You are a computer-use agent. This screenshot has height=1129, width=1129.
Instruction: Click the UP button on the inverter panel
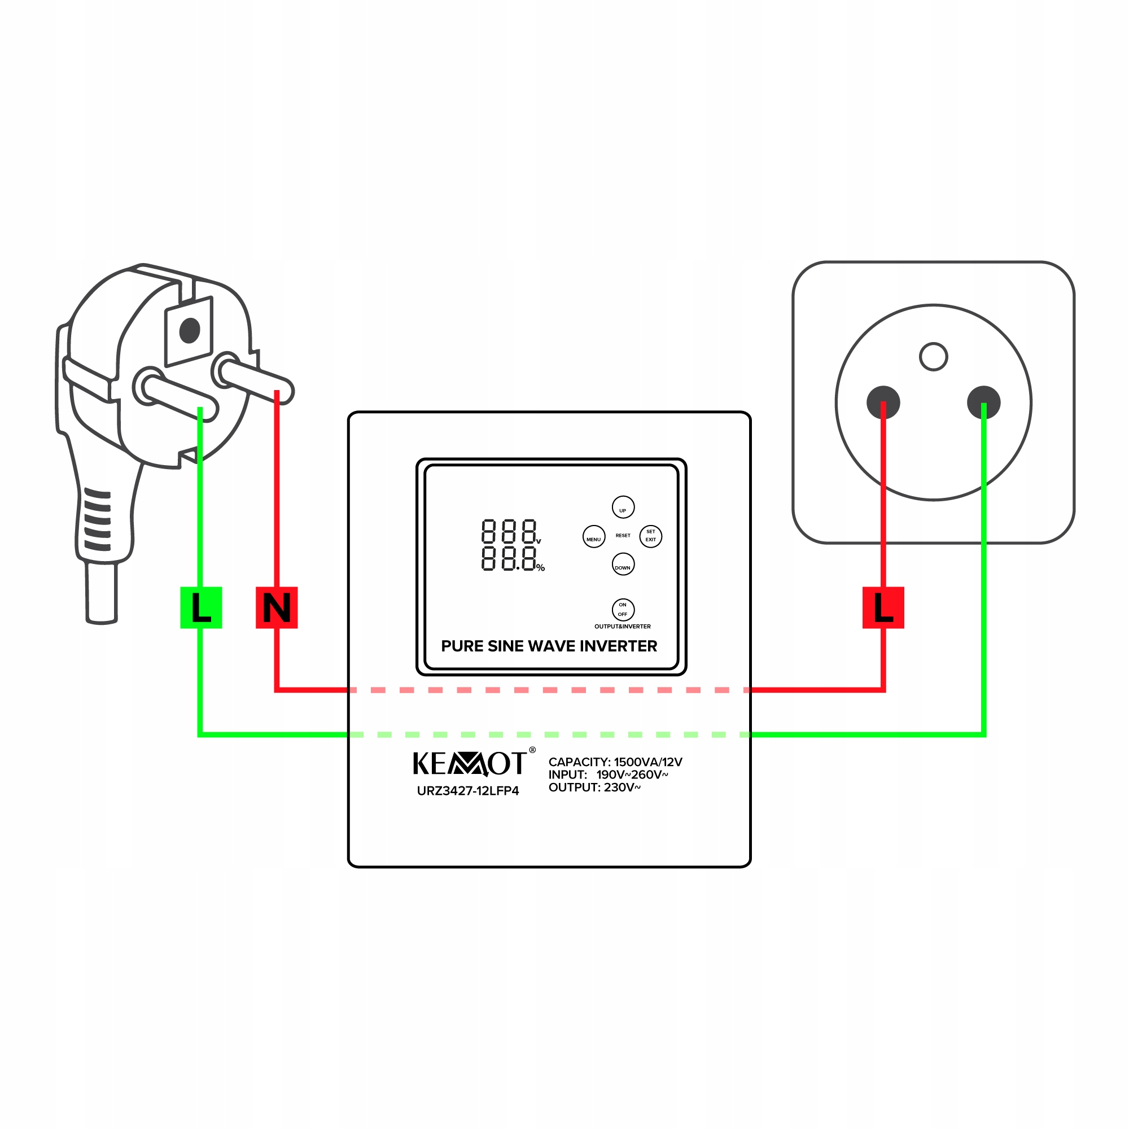[x=623, y=507]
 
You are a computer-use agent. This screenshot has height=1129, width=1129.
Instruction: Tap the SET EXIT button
[x=650, y=536]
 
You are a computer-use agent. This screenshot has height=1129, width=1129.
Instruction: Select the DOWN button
[x=623, y=564]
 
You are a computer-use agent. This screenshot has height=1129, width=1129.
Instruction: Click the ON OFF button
[x=623, y=610]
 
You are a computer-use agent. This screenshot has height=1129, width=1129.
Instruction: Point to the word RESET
[x=623, y=535]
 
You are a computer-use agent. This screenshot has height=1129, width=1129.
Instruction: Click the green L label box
[x=201, y=608]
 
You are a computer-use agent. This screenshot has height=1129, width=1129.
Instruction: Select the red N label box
[x=277, y=608]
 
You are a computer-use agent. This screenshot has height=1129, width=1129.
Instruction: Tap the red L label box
[x=883, y=608]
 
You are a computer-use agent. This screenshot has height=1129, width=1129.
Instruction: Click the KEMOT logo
[x=470, y=763]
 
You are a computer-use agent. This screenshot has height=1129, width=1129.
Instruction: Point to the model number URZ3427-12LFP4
[x=468, y=791]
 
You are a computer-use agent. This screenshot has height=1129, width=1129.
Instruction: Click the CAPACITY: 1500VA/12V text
[x=615, y=762]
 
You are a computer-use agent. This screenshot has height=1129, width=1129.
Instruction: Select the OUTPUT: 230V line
[x=594, y=787]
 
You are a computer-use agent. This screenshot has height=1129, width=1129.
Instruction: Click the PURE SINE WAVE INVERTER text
[x=549, y=646]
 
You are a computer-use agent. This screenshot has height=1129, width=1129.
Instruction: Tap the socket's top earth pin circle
[x=933, y=356]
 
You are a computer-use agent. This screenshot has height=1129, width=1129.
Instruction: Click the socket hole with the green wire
[x=983, y=402]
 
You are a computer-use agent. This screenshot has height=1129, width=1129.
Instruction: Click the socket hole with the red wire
[x=883, y=402]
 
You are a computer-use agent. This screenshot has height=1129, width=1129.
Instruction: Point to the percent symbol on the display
[x=541, y=568]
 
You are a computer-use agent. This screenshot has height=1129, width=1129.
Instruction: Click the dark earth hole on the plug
[x=190, y=330]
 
